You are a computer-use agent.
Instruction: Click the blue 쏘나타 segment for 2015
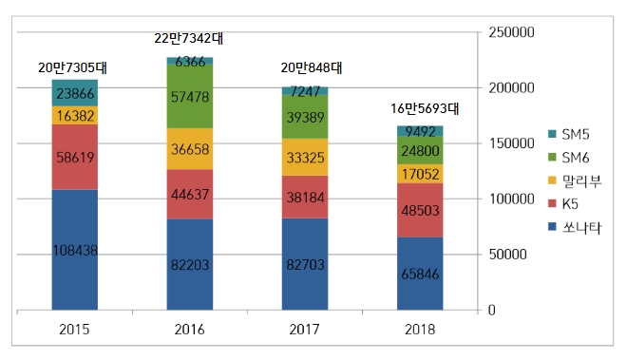click(x=74, y=249)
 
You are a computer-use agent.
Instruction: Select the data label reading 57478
click(x=190, y=97)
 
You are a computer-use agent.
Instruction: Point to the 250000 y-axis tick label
click(x=512, y=32)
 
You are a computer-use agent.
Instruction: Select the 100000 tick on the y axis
click(x=512, y=199)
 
